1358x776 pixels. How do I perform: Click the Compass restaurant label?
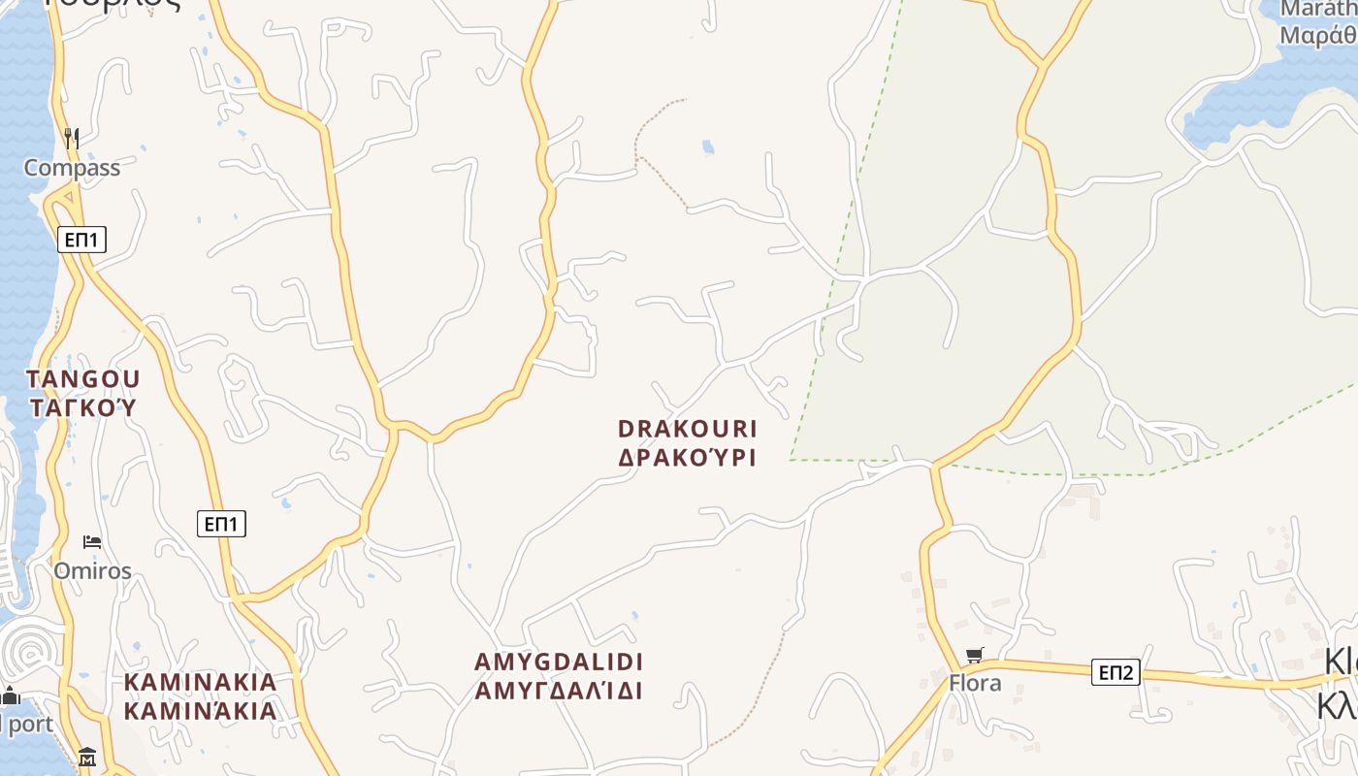(x=72, y=168)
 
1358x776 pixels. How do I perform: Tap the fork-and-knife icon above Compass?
(x=70, y=138)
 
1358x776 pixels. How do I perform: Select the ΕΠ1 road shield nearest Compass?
(x=81, y=240)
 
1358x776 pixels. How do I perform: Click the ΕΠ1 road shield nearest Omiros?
(x=221, y=525)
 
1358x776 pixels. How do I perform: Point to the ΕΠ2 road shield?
(x=1115, y=672)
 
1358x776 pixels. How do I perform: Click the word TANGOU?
(x=83, y=379)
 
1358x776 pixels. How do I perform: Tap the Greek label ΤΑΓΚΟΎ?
(x=83, y=407)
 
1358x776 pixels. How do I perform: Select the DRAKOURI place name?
(x=687, y=429)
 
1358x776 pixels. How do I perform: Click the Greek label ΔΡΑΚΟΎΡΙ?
(x=687, y=458)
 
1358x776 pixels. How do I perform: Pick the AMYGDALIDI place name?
(x=559, y=663)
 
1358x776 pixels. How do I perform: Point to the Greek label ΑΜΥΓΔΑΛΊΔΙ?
(x=559, y=692)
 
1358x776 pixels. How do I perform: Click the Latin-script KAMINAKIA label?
(x=201, y=683)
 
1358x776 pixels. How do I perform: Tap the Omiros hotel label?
(x=92, y=570)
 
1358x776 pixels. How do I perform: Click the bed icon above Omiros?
(x=92, y=541)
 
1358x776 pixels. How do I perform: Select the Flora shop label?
(x=975, y=683)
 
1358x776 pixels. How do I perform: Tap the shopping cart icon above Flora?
(x=975, y=655)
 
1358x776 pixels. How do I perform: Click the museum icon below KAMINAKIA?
(x=87, y=757)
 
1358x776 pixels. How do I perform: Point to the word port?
(x=32, y=725)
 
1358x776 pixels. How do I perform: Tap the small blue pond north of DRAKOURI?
(x=708, y=147)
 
